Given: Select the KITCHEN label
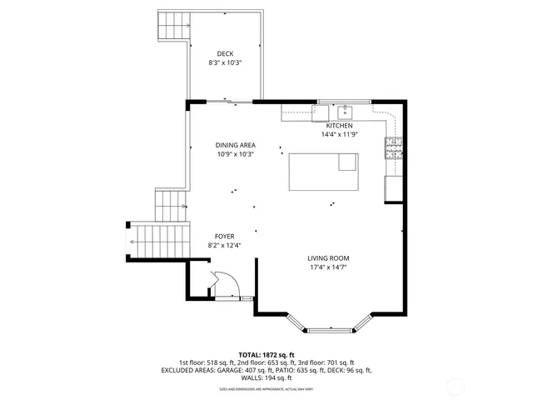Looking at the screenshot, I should coord(339,125).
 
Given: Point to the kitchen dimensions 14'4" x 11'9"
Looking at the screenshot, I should coord(339,134).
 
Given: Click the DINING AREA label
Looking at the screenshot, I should coord(235,145).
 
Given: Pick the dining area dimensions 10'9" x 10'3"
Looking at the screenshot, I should coord(235,154).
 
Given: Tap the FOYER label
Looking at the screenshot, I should coord(224,236).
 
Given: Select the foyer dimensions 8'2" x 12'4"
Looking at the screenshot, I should coord(224,245).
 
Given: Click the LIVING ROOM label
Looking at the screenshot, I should coord(328,258).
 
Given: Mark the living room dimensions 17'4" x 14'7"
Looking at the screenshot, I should coord(328,267).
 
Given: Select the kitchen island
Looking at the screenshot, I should coord(323,172).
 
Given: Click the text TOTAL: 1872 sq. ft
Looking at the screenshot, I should coord(266,354).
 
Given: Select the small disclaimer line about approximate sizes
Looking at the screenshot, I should coord(266,388).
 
